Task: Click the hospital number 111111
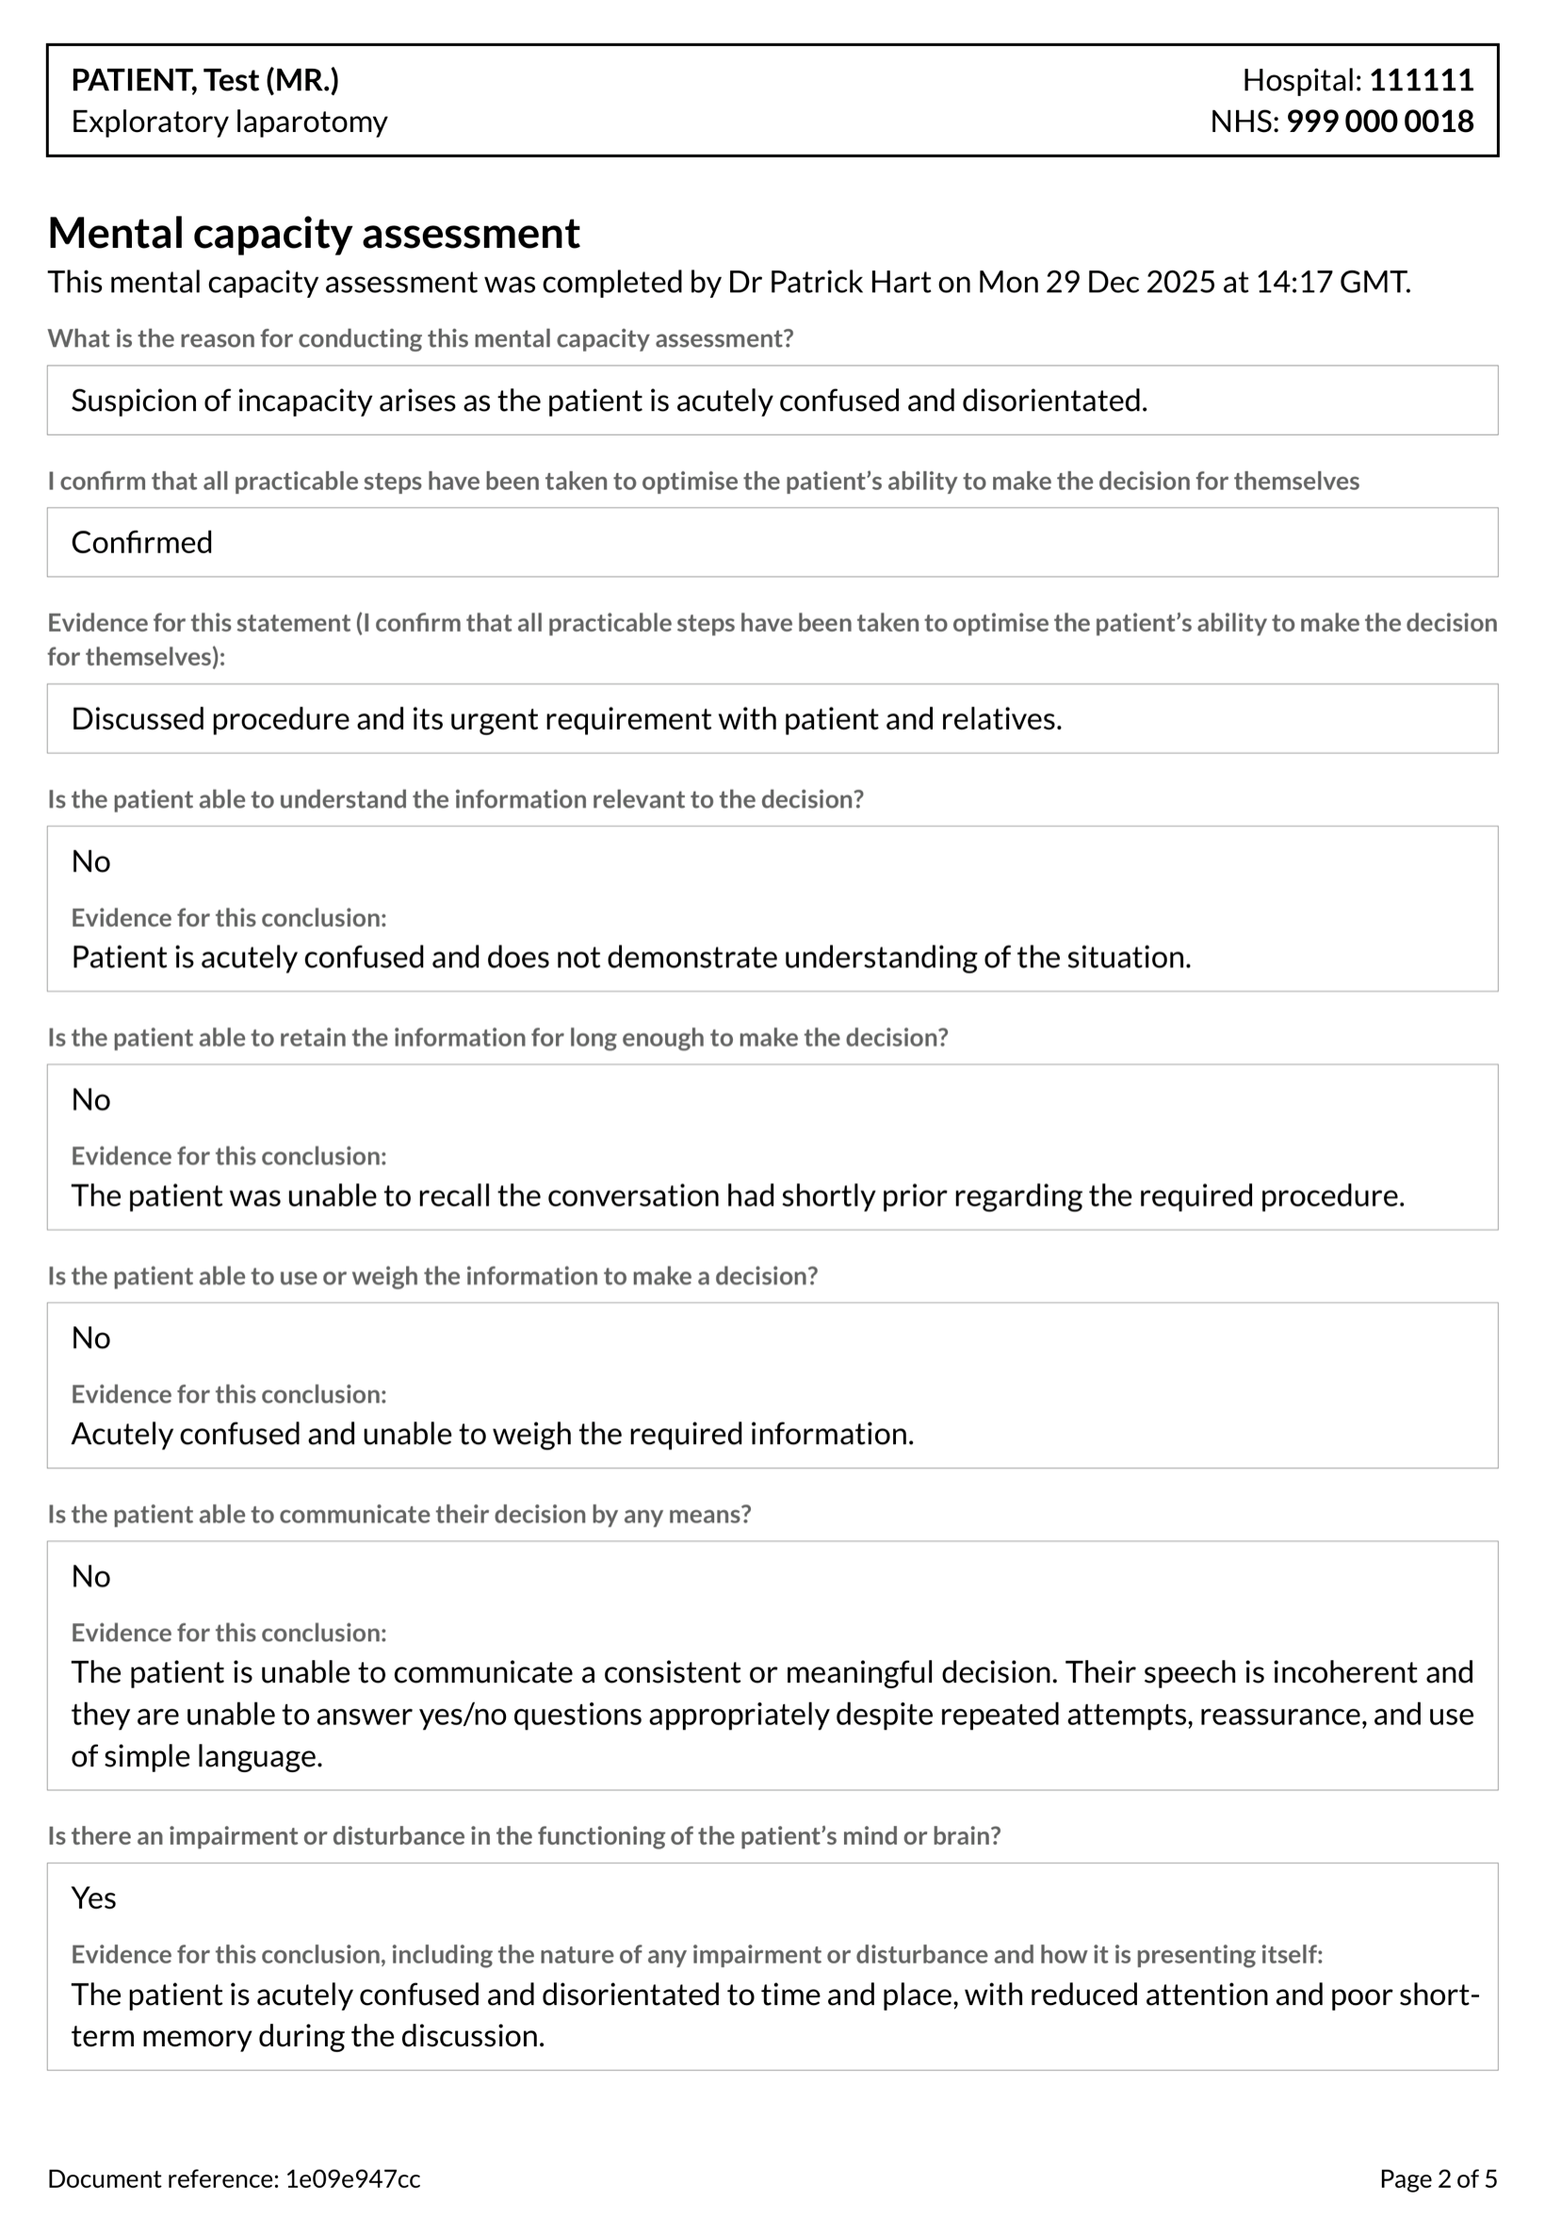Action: pos(1420,79)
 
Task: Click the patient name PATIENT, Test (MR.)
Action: pos(205,79)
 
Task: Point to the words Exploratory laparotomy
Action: pos(230,121)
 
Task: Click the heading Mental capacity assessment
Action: pos(314,234)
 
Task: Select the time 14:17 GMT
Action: pos(1332,282)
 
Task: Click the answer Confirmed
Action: pos(141,542)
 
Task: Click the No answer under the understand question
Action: pos(91,861)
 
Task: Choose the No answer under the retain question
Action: pos(91,1099)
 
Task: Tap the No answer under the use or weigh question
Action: pos(91,1338)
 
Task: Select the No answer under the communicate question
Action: pos(91,1575)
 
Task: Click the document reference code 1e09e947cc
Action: pos(352,2178)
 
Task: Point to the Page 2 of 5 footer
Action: pos(1438,2178)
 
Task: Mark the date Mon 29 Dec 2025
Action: pos(1096,282)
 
